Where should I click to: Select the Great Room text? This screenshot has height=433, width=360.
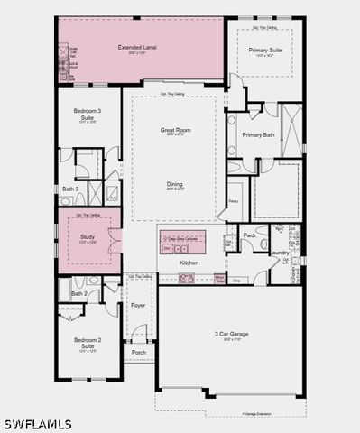click(174, 130)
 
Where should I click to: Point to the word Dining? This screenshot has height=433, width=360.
click(174, 184)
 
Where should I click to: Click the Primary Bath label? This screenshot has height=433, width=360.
click(256, 135)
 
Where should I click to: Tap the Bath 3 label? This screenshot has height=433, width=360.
click(70, 189)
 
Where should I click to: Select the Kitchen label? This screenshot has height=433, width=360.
click(189, 263)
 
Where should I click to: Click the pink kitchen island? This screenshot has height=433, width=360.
click(182, 243)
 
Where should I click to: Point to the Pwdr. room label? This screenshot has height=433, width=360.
click(250, 235)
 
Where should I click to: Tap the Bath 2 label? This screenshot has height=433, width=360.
click(78, 293)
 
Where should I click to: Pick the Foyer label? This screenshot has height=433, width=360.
click(138, 305)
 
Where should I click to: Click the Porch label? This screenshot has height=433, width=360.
click(139, 352)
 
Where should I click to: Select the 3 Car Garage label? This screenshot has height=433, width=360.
click(231, 335)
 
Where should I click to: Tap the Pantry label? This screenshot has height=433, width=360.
click(233, 201)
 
